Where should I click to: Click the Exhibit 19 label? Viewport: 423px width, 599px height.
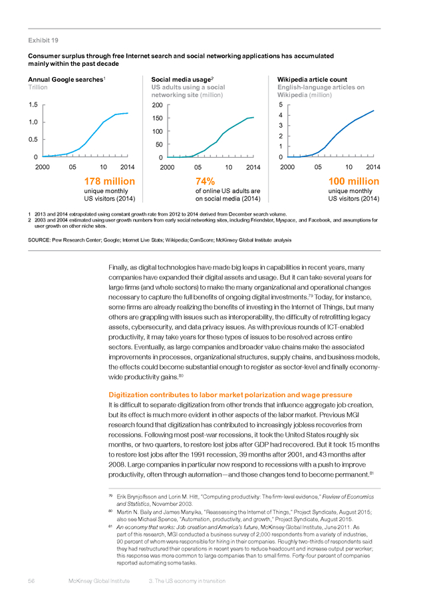click(43, 41)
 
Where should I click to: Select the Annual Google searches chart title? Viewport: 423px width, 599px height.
click(66, 80)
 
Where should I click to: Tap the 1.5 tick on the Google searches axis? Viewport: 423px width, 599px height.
click(33, 104)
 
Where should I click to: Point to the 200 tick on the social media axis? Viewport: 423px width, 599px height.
click(157, 105)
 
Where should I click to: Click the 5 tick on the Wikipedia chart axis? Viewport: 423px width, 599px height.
click(281, 104)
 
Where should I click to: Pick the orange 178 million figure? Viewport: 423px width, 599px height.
click(110, 181)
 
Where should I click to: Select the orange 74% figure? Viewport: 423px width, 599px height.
click(205, 181)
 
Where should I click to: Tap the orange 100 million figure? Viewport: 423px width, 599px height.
click(354, 181)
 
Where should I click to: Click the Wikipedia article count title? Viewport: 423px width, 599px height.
click(313, 79)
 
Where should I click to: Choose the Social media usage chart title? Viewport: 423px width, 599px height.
click(182, 80)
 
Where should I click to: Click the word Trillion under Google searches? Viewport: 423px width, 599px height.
click(38, 87)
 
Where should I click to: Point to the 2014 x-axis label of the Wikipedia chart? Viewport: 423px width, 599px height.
click(373, 167)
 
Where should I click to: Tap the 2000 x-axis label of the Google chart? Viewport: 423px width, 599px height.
click(43, 167)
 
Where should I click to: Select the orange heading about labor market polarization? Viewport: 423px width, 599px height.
click(230, 395)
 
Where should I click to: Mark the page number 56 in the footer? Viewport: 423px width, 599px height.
click(31, 581)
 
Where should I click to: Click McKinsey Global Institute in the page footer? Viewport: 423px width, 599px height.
click(99, 581)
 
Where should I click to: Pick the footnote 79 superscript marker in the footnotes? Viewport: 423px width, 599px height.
click(110, 496)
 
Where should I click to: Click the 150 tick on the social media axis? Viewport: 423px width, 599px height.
click(157, 118)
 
